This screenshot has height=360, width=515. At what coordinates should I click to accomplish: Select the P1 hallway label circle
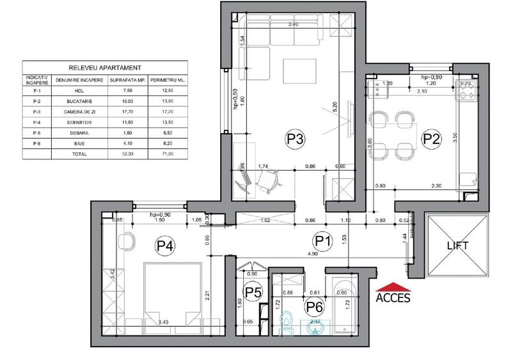coord(322,241)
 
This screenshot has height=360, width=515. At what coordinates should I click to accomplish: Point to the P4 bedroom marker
coord(164,244)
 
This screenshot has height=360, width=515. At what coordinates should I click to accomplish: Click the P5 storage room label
coord(254,292)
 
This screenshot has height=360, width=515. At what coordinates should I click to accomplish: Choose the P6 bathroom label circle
coord(313,308)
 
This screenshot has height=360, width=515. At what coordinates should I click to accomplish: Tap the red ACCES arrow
coord(393,286)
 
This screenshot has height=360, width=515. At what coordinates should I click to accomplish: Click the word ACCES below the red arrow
coord(393,297)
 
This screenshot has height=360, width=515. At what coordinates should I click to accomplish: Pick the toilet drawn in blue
coord(289,323)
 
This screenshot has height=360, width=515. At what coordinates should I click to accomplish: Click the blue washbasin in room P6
coord(322,326)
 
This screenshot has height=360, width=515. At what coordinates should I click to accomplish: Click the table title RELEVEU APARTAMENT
coord(104,67)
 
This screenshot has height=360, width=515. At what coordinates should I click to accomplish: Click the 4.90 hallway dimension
coord(312,254)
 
